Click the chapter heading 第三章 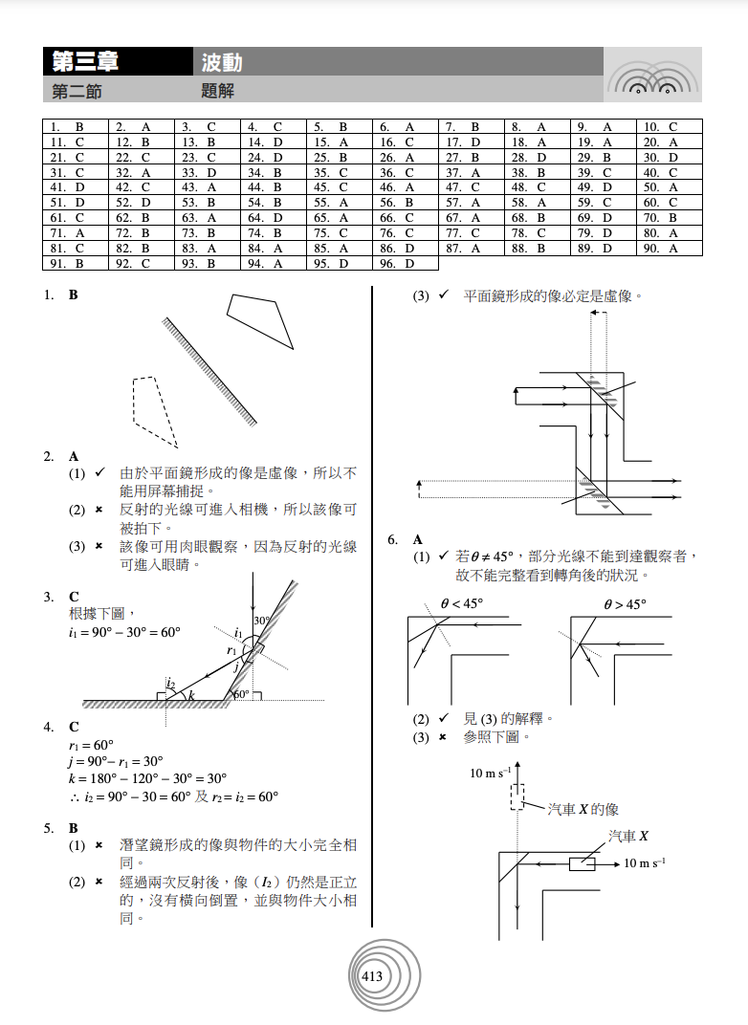point(86,62)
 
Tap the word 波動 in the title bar point(222,62)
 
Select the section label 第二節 point(77,91)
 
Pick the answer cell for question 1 point(77,126)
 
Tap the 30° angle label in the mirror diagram point(261,621)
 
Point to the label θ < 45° point(462,604)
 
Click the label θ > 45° point(625,604)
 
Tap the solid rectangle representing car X point(582,864)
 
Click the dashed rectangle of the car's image point(517,796)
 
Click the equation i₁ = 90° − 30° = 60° point(124,632)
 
